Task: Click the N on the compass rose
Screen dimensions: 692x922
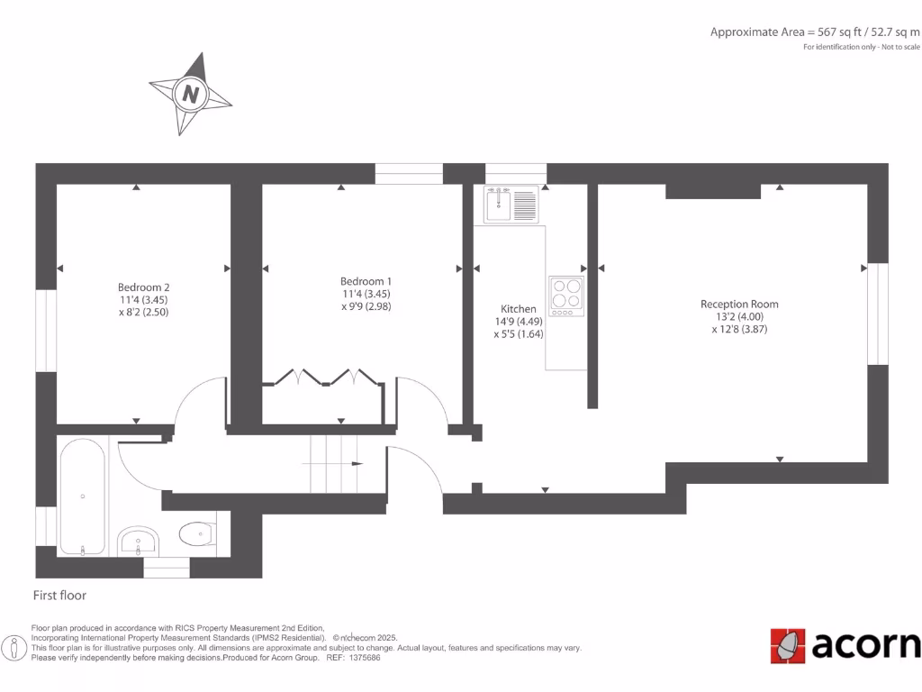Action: click(190, 94)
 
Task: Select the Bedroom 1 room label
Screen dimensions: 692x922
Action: click(366, 280)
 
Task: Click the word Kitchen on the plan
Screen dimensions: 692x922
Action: click(519, 309)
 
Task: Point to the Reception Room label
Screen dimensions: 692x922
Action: click(739, 305)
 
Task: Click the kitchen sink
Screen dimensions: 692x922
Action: click(510, 205)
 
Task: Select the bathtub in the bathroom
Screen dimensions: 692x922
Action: click(83, 496)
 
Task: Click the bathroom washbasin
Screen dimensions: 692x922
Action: click(138, 541)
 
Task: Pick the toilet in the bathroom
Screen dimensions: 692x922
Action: click(196, 535)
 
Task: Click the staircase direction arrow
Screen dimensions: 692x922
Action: click(357, 463)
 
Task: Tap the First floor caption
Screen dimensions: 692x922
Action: click(59, 596)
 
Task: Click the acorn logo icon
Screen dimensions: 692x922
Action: click(788, 646)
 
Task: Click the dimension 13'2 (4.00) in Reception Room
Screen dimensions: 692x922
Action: click(739, 317)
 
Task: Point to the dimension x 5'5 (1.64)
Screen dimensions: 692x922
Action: click(519, 334)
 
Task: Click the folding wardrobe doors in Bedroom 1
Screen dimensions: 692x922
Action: click(323, 378)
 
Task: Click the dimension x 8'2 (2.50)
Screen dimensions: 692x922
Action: click(143, 312)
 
